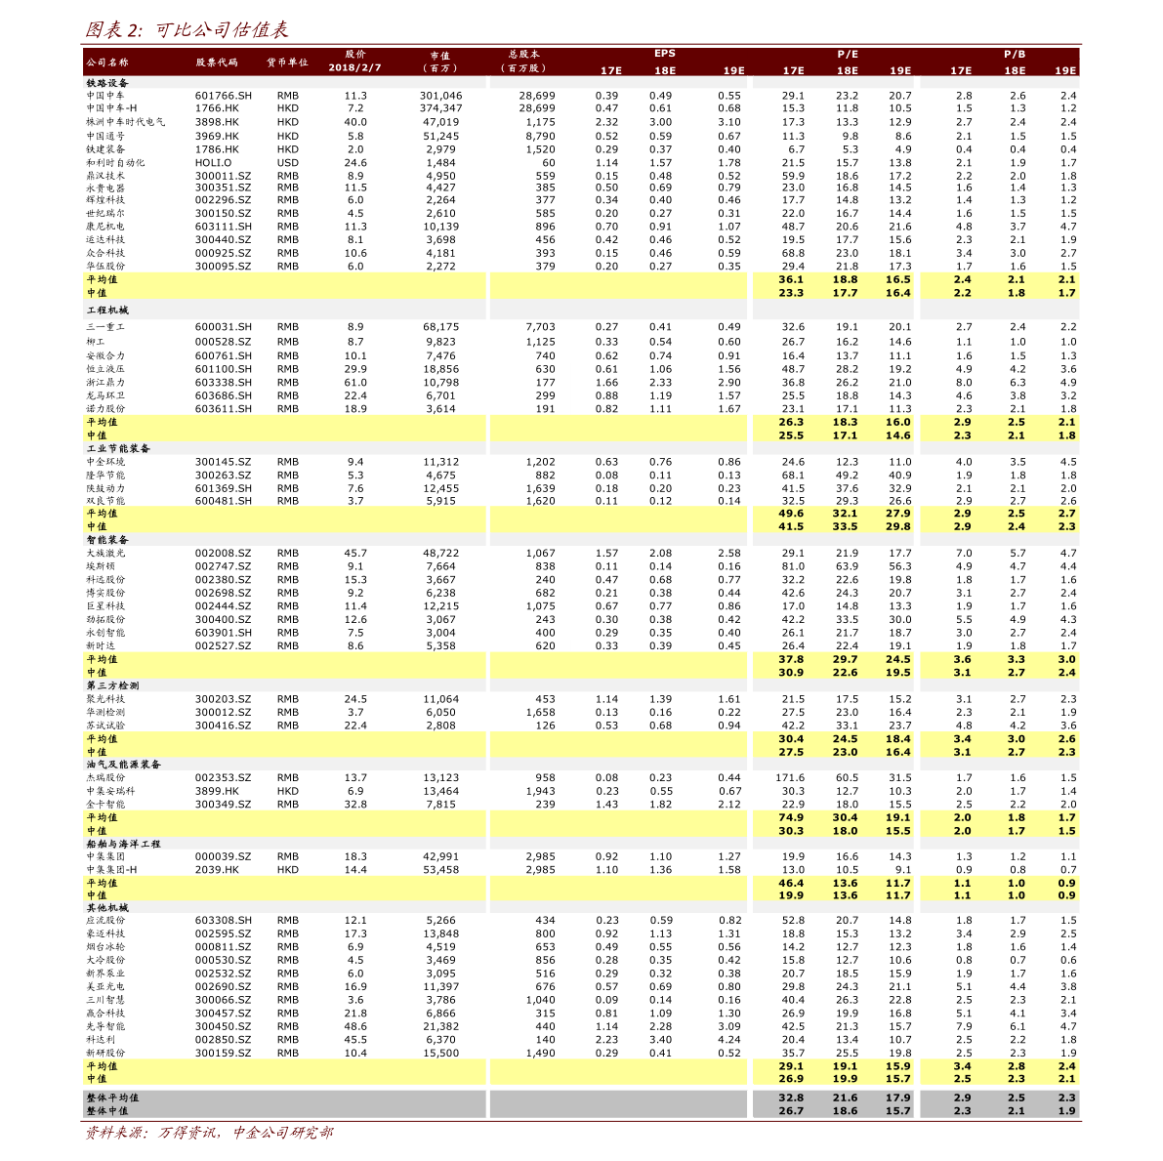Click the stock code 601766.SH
click(223, 96)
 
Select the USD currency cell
click(287, 163)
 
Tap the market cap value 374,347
click(440, 108)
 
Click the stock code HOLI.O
click(213, 163)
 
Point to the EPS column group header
click(664, 54)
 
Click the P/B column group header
click(1014, 55)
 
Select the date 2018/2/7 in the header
click(354, 68)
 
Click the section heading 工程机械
click(107, 310)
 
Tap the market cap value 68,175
click(440, 327)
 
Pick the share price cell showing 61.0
click(355, 383)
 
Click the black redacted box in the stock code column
click(226, 645)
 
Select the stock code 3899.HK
click(216, 791)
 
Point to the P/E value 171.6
click(790, 778)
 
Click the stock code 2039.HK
click(216, 869)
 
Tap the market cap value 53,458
click(440, 869)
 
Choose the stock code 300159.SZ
click(223, 1053)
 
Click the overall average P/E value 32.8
click(791, 1098)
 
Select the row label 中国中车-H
click(111, 108)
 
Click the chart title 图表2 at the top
click(186, 29)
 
